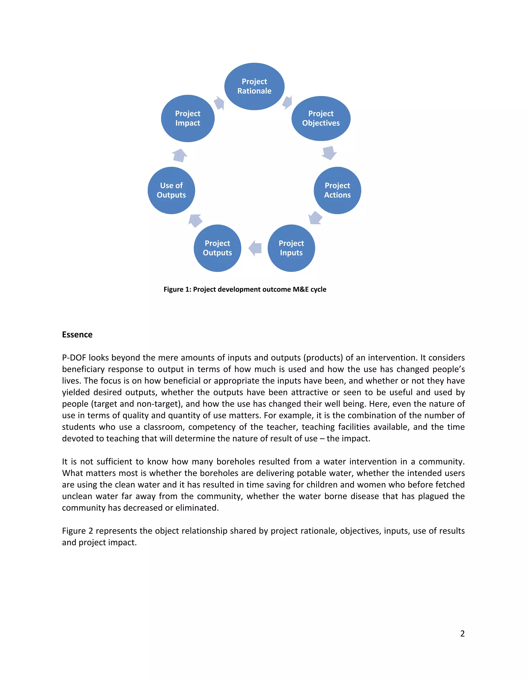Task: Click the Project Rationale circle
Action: click(x=254, y=86)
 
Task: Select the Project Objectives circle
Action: click(x=321, y=118)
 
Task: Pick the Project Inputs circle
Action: click(x=291, y=248)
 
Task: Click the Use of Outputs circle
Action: click(x=171, y=190)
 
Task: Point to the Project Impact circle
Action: click(x=188, y=118)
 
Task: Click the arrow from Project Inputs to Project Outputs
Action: click(x=255, y=248)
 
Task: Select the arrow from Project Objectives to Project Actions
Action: click(x=329, y=153)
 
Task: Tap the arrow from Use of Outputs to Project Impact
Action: click(x=180, y=155)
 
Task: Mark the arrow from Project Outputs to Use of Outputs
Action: click(x=196, y=220)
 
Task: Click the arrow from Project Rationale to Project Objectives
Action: click(x=287, y=102)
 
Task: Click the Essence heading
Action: click(x=77, y=335)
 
